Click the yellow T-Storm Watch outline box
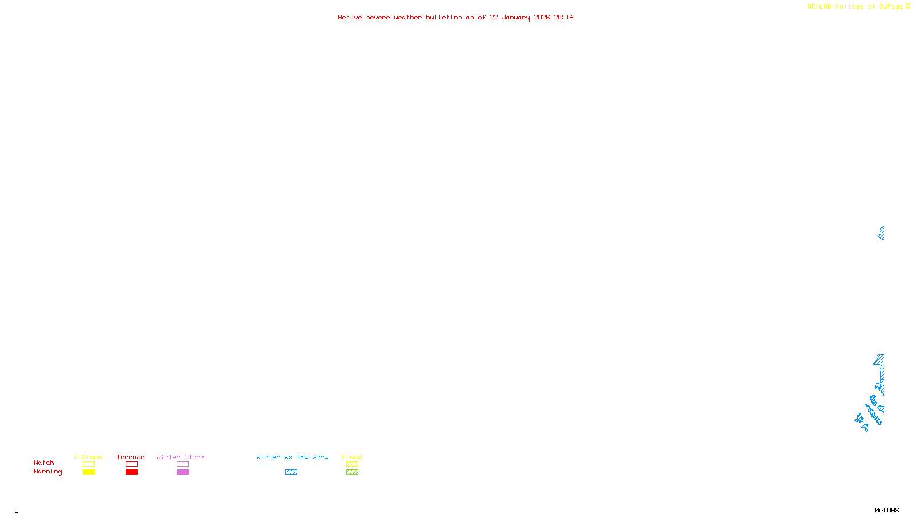(x=88, y=464)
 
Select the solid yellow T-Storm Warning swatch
(x=88, y=472)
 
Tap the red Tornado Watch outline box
(x=131, y=464)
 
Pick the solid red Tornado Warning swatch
(x=131, y=472)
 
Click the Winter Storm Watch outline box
(x=183, y=464)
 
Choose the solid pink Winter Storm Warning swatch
(x=183, y=472)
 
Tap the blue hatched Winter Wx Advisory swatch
(x=291, y=472)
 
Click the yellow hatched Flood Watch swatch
(x=352, y=464)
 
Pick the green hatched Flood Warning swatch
(x=352, y=472)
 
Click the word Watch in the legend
(x=44, y=463)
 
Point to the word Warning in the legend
(x=47, y=472)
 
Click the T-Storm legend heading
(x=88, y=457)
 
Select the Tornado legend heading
(x=131, y=457)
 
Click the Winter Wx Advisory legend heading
(x=292, y=457)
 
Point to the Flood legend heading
(x=352, y=457)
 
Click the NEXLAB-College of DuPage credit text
(x=855, y=7)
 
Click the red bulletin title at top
(x=456, y=18)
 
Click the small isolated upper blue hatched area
(x=882, y=233)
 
